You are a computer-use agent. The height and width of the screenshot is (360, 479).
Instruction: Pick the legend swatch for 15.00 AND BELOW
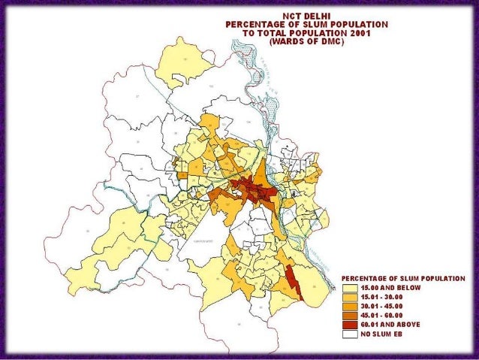350,288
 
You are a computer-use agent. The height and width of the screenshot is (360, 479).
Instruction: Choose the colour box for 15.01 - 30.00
350,297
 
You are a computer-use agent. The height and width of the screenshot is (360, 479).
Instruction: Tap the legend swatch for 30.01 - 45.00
350,306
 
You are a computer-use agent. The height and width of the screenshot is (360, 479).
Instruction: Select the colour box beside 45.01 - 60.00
350,315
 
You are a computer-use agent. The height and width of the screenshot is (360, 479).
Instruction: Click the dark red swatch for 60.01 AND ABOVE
350,324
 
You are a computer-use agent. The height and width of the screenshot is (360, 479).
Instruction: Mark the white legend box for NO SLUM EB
350,333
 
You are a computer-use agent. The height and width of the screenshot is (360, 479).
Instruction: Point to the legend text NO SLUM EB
382,333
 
